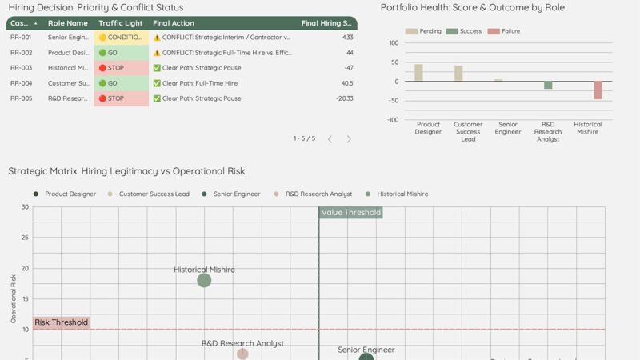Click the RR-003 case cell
[21, 68]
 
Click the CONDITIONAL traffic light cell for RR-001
[122, 38]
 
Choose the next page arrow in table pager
[349, 139]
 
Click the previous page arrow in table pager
[330, 139]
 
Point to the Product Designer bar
[418, 73]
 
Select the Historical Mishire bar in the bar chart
[598, 90]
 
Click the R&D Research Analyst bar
[548, 86]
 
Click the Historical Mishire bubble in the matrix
[204, 280]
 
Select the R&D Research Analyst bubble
[242, 354]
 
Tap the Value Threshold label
[350, 213]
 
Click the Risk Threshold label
[61, 322]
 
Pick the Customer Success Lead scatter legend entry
[153, 194]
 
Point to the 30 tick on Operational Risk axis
[26, 207]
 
